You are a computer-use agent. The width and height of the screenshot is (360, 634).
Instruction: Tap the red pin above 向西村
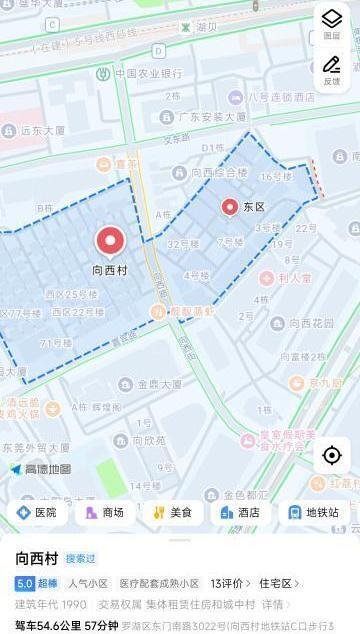110,241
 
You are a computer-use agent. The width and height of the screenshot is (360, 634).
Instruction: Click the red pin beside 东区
230,206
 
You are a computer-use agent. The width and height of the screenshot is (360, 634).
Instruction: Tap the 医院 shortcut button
37,512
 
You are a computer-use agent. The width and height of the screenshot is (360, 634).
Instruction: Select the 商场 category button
105,512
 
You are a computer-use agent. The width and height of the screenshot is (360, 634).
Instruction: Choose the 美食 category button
172,512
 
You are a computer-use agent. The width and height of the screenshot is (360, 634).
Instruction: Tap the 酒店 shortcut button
240,512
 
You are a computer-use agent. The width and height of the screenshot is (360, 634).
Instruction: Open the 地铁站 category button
313,512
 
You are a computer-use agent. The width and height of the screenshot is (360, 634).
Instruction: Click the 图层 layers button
331,22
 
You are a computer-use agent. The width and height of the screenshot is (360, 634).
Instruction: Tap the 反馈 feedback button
331,69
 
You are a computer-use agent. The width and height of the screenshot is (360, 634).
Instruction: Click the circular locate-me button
331,456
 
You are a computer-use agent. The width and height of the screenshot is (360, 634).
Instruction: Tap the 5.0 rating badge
25,583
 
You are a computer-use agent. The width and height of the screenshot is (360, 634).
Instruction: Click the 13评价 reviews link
229,583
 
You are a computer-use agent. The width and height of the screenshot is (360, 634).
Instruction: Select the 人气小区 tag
88,583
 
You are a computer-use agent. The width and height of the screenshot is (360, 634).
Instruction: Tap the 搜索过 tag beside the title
81,559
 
